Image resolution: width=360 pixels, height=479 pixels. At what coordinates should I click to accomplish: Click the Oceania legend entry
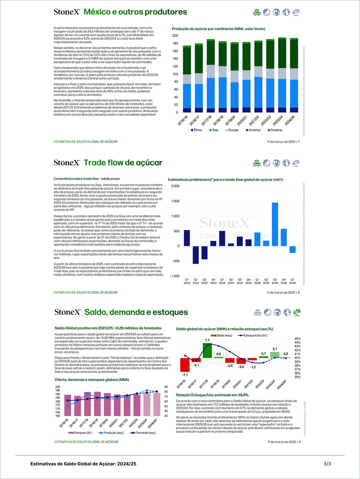pyautogui.click(x=275, y=130)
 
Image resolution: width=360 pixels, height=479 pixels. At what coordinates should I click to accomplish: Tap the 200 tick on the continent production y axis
pyautogui.click(x=175, y=35)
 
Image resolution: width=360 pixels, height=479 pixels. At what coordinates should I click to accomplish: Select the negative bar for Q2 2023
pyautogui.click(x=195, y=255)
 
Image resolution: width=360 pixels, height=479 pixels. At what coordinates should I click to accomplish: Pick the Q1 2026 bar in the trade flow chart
pyautogui.click(x=292, y=249)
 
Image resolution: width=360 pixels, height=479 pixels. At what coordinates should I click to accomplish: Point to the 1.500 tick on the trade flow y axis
pyautogui.click(x=175, y=201)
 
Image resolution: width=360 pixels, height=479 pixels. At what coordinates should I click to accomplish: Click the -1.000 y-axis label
pyautogui.click(x=174, y=276)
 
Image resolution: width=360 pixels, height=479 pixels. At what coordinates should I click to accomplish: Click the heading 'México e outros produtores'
pyautogui.click(x=135, y=12)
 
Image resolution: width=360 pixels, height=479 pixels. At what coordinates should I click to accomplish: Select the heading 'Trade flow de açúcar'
pyautogui.click(x=123, y=162)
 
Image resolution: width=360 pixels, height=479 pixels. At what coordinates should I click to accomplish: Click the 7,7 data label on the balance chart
pyautogui.click(x=207, y=340)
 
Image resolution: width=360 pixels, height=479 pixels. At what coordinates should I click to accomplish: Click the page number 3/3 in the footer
pyautogui.click(x=327, y=464)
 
